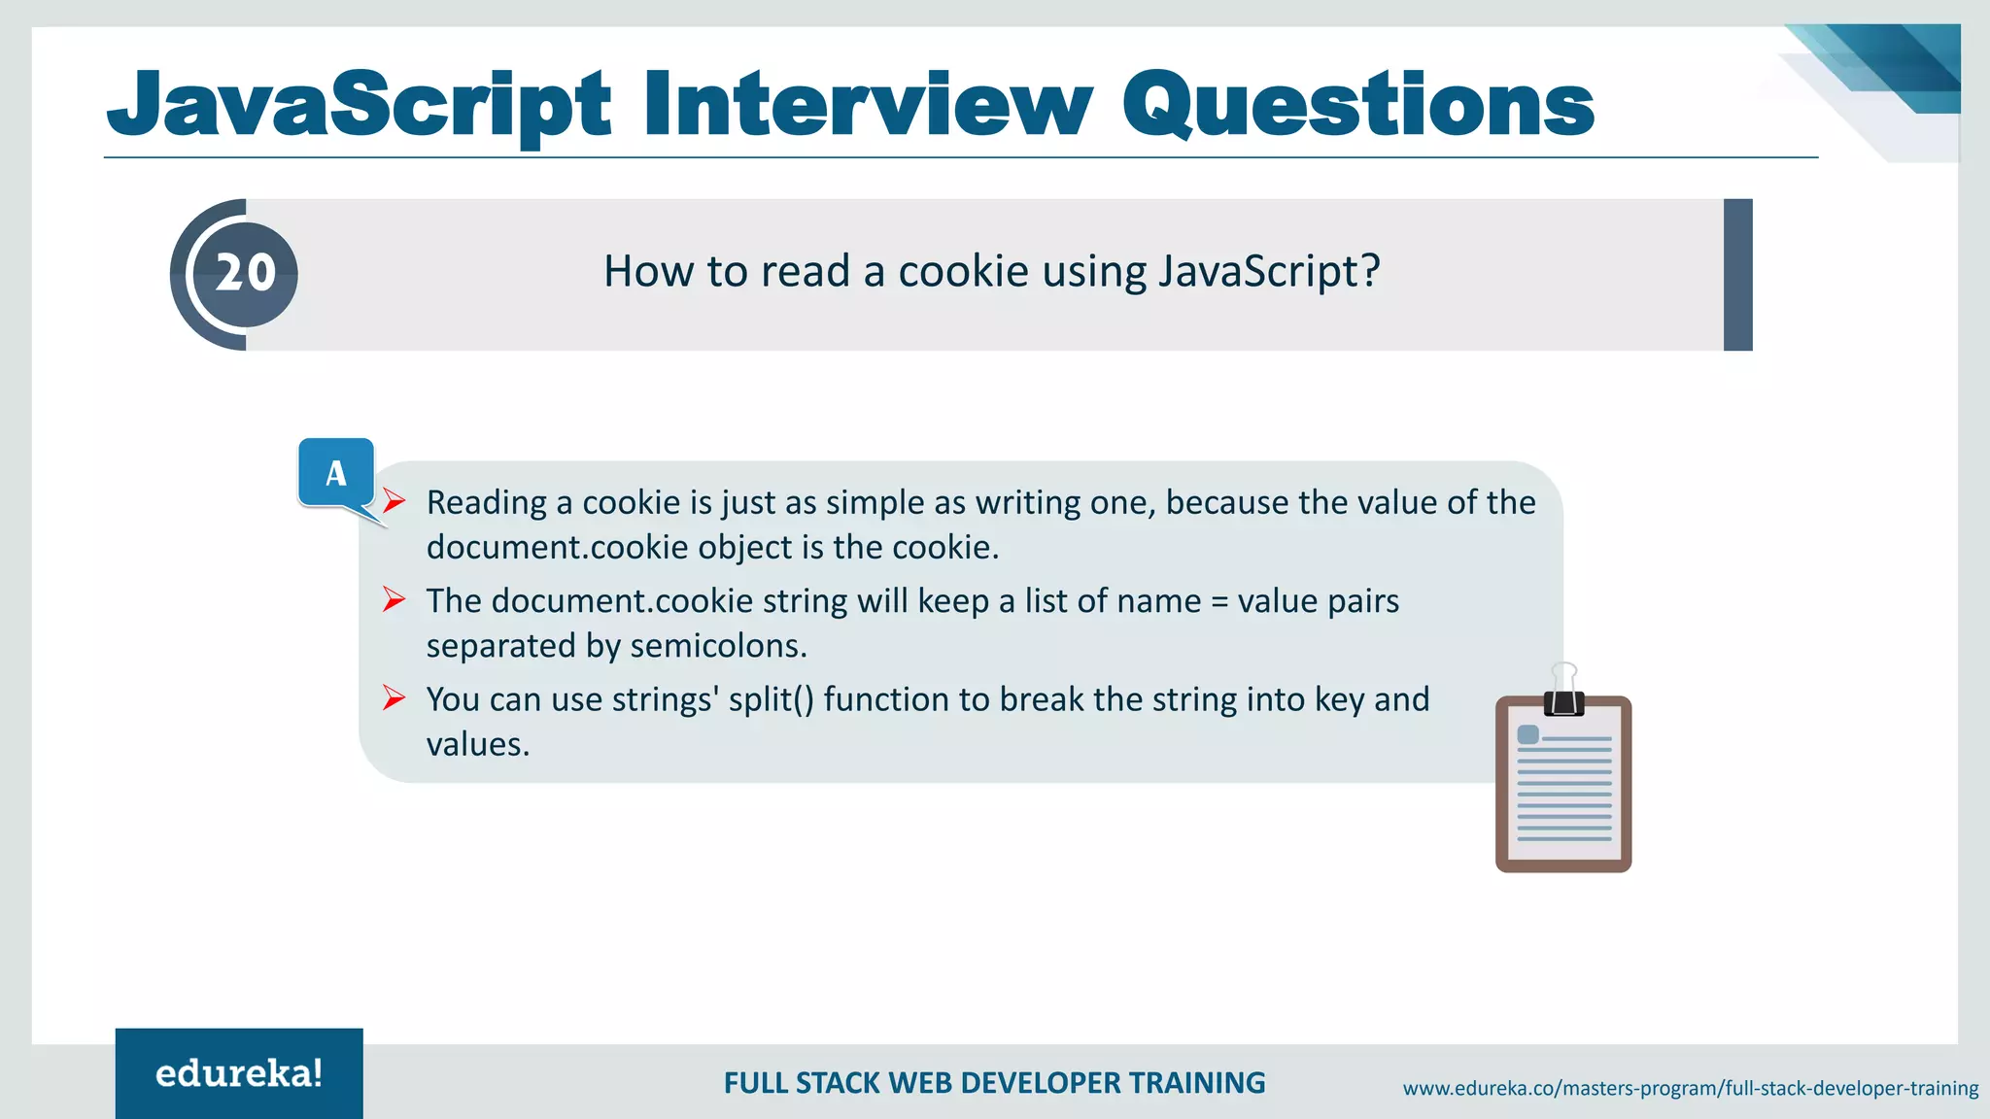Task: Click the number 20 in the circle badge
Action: point(245,273)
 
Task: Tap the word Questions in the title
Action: point(1357,105)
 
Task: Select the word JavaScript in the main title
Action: point(359,105)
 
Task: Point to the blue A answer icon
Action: point(336,473)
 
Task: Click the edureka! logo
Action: point(239,1073)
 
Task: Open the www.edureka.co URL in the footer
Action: point(1690,1088)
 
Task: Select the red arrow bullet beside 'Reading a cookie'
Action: point(394,501)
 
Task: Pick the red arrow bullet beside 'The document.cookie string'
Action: point(394,599)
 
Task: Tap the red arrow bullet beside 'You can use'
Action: point(394,697)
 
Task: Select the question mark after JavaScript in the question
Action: point(1370,271)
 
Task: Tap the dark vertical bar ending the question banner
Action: point(1737,275)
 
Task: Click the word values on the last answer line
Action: point(477,745)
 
